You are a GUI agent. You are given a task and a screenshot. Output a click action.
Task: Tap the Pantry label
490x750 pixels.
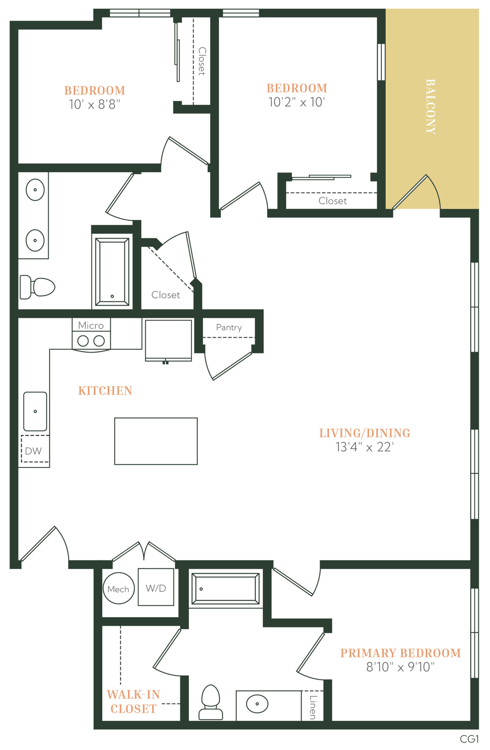click(x=229, y=328)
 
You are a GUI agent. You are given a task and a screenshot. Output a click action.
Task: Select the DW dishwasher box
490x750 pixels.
click(x=35, y=449)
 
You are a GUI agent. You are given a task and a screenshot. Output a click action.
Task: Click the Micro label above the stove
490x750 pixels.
click(x=91, y=325)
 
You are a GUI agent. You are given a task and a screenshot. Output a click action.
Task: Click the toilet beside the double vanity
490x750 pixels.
click(x=37, y=287)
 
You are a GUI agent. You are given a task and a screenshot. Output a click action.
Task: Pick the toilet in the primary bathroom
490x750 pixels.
click(x=211, y=703)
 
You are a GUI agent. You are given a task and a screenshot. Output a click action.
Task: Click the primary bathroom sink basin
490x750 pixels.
click(x=257, y=704)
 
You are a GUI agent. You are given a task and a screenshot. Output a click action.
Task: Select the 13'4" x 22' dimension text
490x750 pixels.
click(x=365, y=447)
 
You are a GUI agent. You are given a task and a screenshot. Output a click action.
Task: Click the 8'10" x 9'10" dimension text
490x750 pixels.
click(x=400, y=667)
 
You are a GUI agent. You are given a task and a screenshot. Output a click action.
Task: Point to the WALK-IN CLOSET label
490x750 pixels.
click(x=133, y=701)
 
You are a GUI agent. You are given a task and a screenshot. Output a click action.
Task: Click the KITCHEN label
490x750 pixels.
click(x=105, y=391)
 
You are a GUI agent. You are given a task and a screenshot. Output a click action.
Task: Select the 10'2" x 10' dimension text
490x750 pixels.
click(x=297, y=102)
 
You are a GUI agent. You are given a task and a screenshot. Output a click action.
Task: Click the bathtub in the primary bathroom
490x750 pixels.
click(x=225, y=589)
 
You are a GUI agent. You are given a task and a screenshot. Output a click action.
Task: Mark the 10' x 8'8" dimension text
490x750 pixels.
click(x=95, y=104)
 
